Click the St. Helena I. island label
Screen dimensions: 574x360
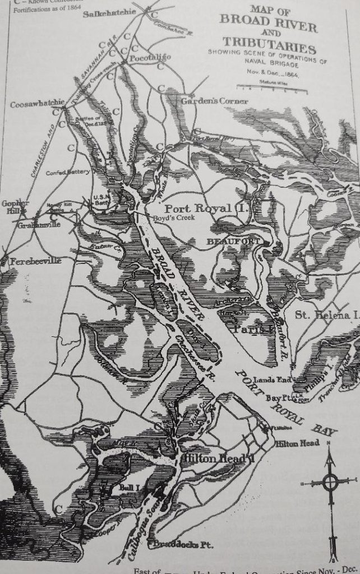[326, 315]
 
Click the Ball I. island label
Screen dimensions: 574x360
[128, 488]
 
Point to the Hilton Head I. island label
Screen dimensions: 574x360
[214, 459]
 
